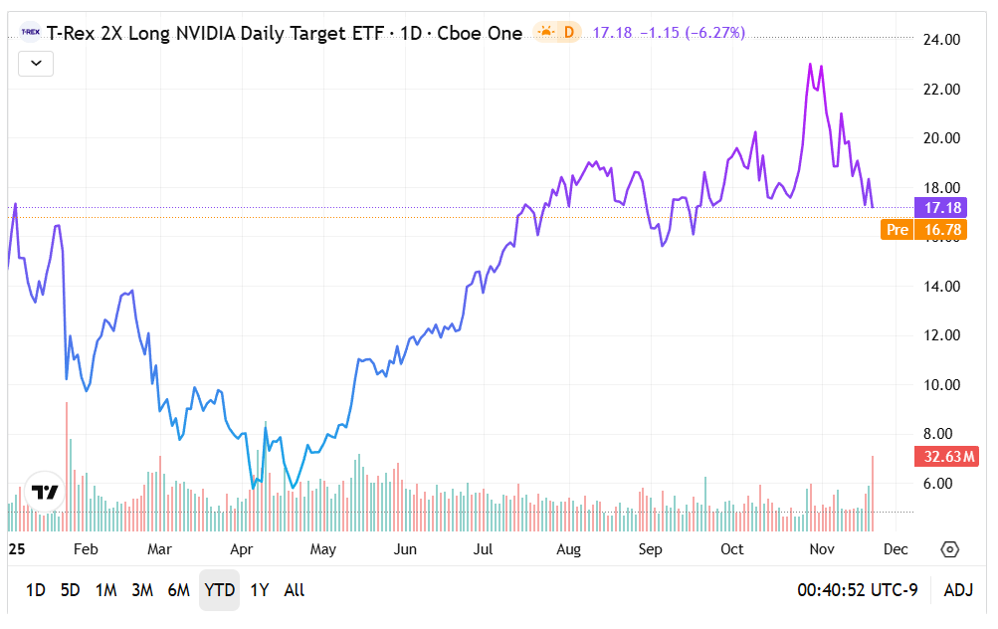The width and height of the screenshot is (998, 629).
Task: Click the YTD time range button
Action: (219, 590)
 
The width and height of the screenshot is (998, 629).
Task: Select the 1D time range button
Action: (35, 590)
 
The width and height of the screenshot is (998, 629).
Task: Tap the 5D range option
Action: (70, 590)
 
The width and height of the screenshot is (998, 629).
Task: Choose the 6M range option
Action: (178, 590)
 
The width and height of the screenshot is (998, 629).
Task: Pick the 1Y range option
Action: (260, 590)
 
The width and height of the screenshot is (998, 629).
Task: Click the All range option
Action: (295, 590)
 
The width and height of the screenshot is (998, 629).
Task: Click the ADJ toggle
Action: (958, 590)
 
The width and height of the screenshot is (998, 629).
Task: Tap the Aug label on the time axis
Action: (568, 549)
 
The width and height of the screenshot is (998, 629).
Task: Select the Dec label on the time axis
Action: (895, 549)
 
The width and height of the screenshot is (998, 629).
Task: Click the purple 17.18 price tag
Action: (941, 208)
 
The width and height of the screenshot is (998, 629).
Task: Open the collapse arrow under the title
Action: (36, 64)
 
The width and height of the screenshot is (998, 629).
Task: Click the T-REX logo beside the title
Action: (30, 33)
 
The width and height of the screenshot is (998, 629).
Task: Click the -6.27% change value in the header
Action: (713, 33)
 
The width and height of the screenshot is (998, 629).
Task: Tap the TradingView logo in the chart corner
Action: (44, 492)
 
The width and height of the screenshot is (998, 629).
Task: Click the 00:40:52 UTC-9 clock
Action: (857, 590)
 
